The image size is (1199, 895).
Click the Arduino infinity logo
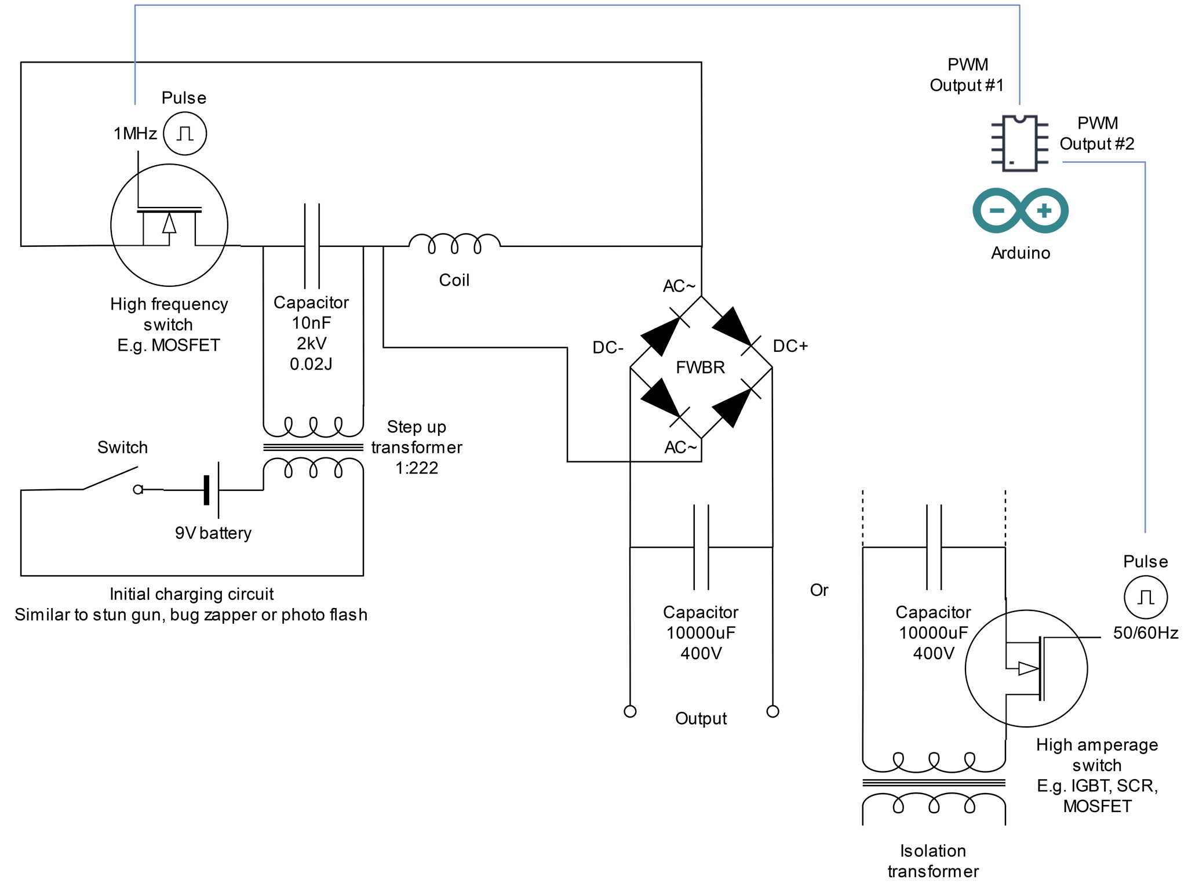tap(1020, 210)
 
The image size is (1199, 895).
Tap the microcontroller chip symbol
tap(1020, 143)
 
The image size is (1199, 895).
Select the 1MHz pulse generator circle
tap(185, 133)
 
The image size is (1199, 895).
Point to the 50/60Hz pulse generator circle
tap(1145, 597)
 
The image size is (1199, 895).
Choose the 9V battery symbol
tap(212, 490)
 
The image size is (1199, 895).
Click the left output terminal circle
tap(630, 711)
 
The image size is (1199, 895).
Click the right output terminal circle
tap(772, 711)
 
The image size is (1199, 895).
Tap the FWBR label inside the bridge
tap(700, 368)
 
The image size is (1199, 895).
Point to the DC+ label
tap(790, 346)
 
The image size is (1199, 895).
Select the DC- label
tap(608, 347)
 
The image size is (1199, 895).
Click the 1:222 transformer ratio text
tap(417, 468)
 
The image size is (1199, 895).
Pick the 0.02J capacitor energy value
tap(311, 364)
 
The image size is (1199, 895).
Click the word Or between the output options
tap(819, 590)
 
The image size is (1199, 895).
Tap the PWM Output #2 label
tap(1097, 133)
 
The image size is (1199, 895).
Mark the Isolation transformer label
tap(933, 861)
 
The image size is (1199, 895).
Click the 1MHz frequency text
tap(135, 134)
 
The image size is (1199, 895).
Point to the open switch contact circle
tap(138, 490)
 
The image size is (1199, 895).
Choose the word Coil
tap(454, 280)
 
